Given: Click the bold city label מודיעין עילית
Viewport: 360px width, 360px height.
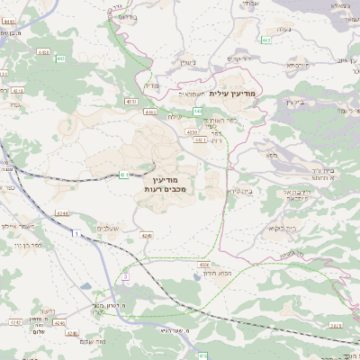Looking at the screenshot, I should coord(232,93).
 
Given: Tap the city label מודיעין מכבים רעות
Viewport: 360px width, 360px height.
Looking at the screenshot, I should coord(164,185).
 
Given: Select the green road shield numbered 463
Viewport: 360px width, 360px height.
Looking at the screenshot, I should coord(265,40).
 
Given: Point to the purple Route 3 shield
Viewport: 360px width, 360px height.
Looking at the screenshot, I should coord(126,276).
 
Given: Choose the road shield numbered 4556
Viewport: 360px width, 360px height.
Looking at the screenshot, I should coord(204,265).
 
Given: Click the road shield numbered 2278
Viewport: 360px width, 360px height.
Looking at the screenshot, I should coord(335,325).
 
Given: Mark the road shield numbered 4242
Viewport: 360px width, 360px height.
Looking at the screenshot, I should coord(14,321).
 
